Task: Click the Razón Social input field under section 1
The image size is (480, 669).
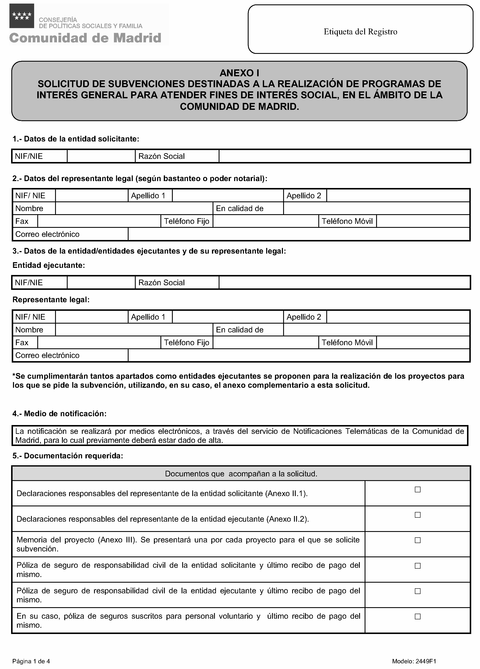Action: coord(344,156)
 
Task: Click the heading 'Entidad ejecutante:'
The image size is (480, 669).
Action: coord(49,265)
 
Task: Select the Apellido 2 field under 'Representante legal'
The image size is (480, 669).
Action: coord(398,317)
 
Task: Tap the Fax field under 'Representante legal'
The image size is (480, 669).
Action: coord(99,342)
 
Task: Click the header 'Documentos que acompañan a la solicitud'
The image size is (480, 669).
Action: coord(241,474)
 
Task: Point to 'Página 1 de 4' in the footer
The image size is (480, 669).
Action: coord(31,661)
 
